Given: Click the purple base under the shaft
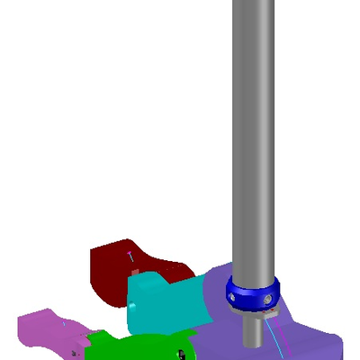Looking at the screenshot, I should pos(306,337).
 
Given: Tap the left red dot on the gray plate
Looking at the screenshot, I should pos(267,313).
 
